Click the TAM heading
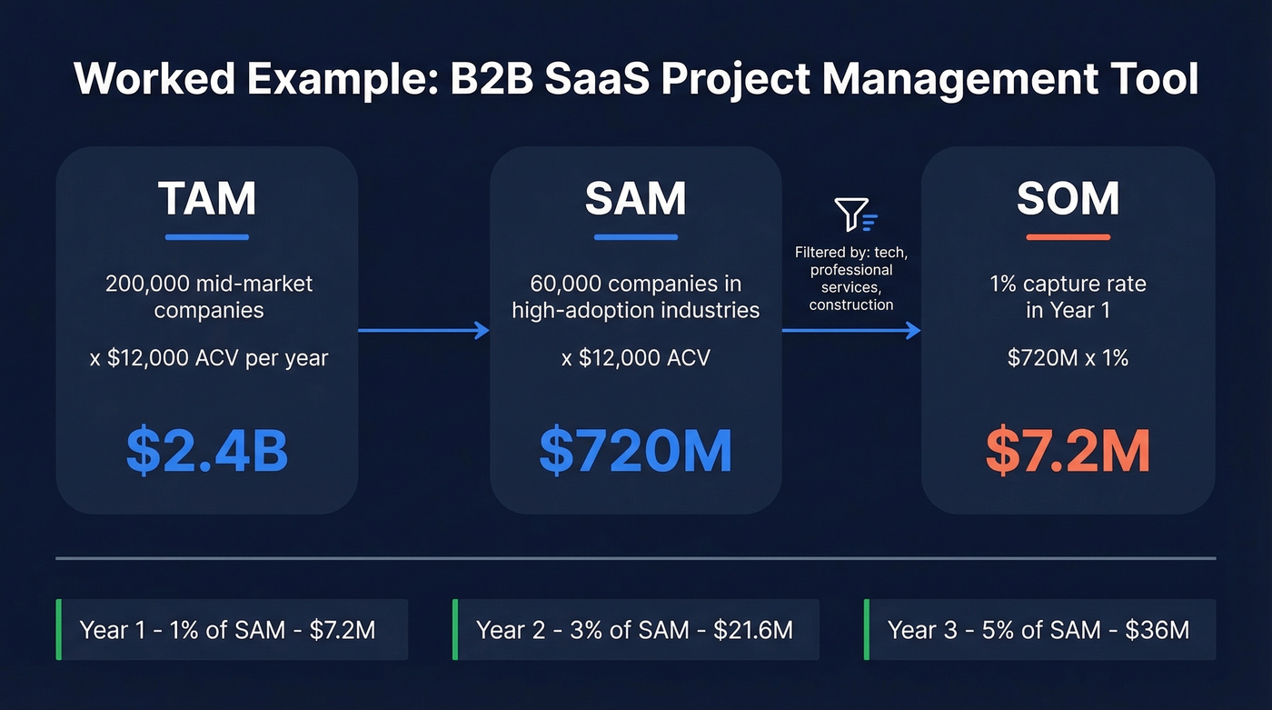pos(207,199)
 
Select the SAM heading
pos(635,199)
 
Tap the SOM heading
pos(1068,199)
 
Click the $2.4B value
pos(207,452)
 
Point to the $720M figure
pos(635,452)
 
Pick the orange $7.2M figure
pos(1068,452)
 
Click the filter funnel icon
pos(855,215)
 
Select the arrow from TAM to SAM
pos(423,331)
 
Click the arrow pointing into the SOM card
pos(851,331)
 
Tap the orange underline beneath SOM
pos(1068,237)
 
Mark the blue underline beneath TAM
pos(207,237)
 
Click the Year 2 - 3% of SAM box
pos(636,630)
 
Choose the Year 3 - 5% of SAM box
pos(1039,630)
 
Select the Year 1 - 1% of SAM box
pos(232,630)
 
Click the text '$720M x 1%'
pos(1068,358)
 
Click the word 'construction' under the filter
pos(851,305)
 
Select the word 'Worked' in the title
pos(148,78)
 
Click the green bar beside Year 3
pos(866,630)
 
